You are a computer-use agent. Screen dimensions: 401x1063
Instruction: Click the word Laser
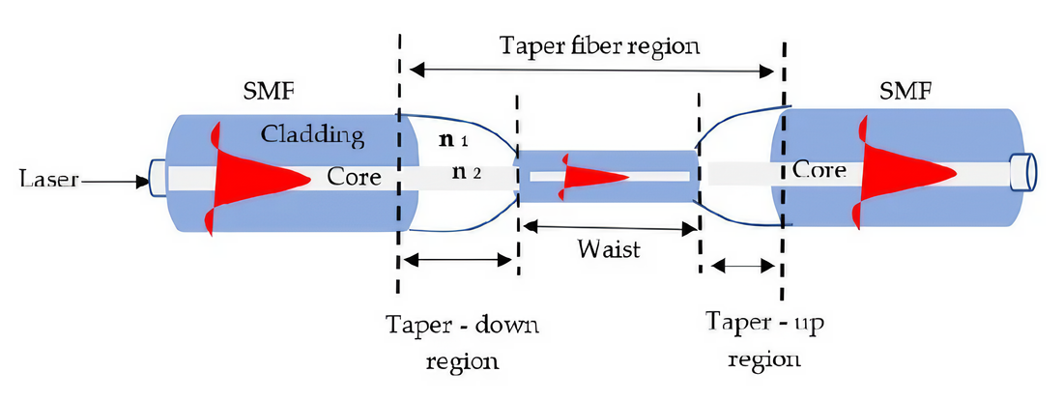pyautogui.click(x=44, y=178)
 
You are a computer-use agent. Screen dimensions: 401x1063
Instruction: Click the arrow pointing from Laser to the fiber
pyautogui.click(x=113, y=179)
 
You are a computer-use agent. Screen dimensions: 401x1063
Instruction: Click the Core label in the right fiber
pyautogui.click(x=820, y=170)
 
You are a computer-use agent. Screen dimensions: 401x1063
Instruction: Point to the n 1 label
pyautogui.click(x=454, y=141)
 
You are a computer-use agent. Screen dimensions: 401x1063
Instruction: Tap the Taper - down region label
pyautogui.click(x=461, y=341)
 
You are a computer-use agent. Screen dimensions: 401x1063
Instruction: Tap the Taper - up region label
pyautogui.click(x=765, y=338)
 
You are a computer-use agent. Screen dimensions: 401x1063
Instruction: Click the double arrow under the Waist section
pyautogui.click(x=609, y=227)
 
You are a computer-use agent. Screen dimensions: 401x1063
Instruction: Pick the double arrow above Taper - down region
pyautogui.click(x=457, y=259)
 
